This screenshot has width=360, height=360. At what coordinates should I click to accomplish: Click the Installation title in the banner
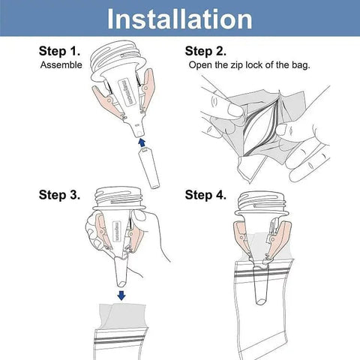click(x=179, y=19)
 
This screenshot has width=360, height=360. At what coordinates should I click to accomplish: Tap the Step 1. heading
click(x=59, y=51)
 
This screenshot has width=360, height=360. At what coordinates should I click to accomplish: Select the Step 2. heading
click(x=205, y=51)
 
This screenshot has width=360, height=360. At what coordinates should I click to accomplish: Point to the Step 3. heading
click(x=59, y=195)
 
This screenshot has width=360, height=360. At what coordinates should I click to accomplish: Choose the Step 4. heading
click(x=205, y=195)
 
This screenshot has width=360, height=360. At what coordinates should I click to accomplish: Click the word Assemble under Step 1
click(x=61, y=65)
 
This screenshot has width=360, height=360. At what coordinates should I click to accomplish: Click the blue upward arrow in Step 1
click(x=142, y=142)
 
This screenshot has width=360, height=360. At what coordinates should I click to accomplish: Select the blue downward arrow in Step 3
click(x=121, y=295)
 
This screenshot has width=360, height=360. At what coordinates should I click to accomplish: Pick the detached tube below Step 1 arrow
click(x=149, y=167)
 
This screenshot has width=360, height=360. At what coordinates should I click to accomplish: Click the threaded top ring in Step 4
click(x=260, y=201)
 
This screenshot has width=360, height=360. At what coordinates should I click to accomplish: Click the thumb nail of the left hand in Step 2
click(x=234, y=109)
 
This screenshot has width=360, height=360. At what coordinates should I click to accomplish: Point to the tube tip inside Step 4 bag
click(x=261, y=301)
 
